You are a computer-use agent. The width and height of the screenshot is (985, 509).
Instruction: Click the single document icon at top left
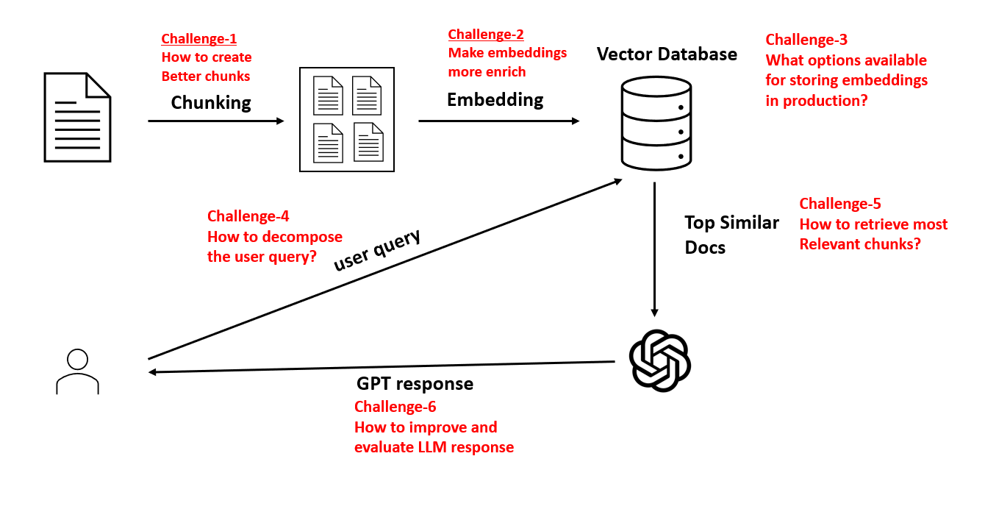pyautogui.click(x=77, y=117)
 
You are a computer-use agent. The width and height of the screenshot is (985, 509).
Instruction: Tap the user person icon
pyautogui.click(x=77, y=371)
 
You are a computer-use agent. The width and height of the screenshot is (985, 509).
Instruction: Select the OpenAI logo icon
pyautogui.click(x=659, y=360)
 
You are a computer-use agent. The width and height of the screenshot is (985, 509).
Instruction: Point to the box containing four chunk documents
pyautogui.click(x=347, y=119)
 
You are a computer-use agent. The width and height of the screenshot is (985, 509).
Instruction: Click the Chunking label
pyautogui.click(x=211, y=103)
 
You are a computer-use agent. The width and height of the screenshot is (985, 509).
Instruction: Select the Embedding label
pyautogui.click(x=495, y=100)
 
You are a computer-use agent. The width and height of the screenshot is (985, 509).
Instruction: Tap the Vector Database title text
pyautogui.click(x=667, y=54)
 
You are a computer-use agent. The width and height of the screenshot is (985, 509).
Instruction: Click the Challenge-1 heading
pyautogui.click(x=198, y=39)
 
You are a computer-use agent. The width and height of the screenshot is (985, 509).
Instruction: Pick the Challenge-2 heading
pyautogui.click(x=485, y=35)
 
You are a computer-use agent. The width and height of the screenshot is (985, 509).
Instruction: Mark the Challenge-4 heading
pyautogui.click(x=248, y=216)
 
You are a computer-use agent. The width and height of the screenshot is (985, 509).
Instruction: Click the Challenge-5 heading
pyautogui.click(x=839, y=204)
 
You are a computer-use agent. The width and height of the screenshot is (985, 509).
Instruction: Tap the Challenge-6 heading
pyautogui.click(x=395, y=407)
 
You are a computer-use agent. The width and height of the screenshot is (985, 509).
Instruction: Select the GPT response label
pyautogui.click(x=415, y=384)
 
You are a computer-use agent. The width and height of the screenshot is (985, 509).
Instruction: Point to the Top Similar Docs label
pyautogui.click(x=731, y=235)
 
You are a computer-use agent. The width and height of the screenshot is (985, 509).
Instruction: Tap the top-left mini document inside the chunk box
pyautogui.click(x=328, y=96)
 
